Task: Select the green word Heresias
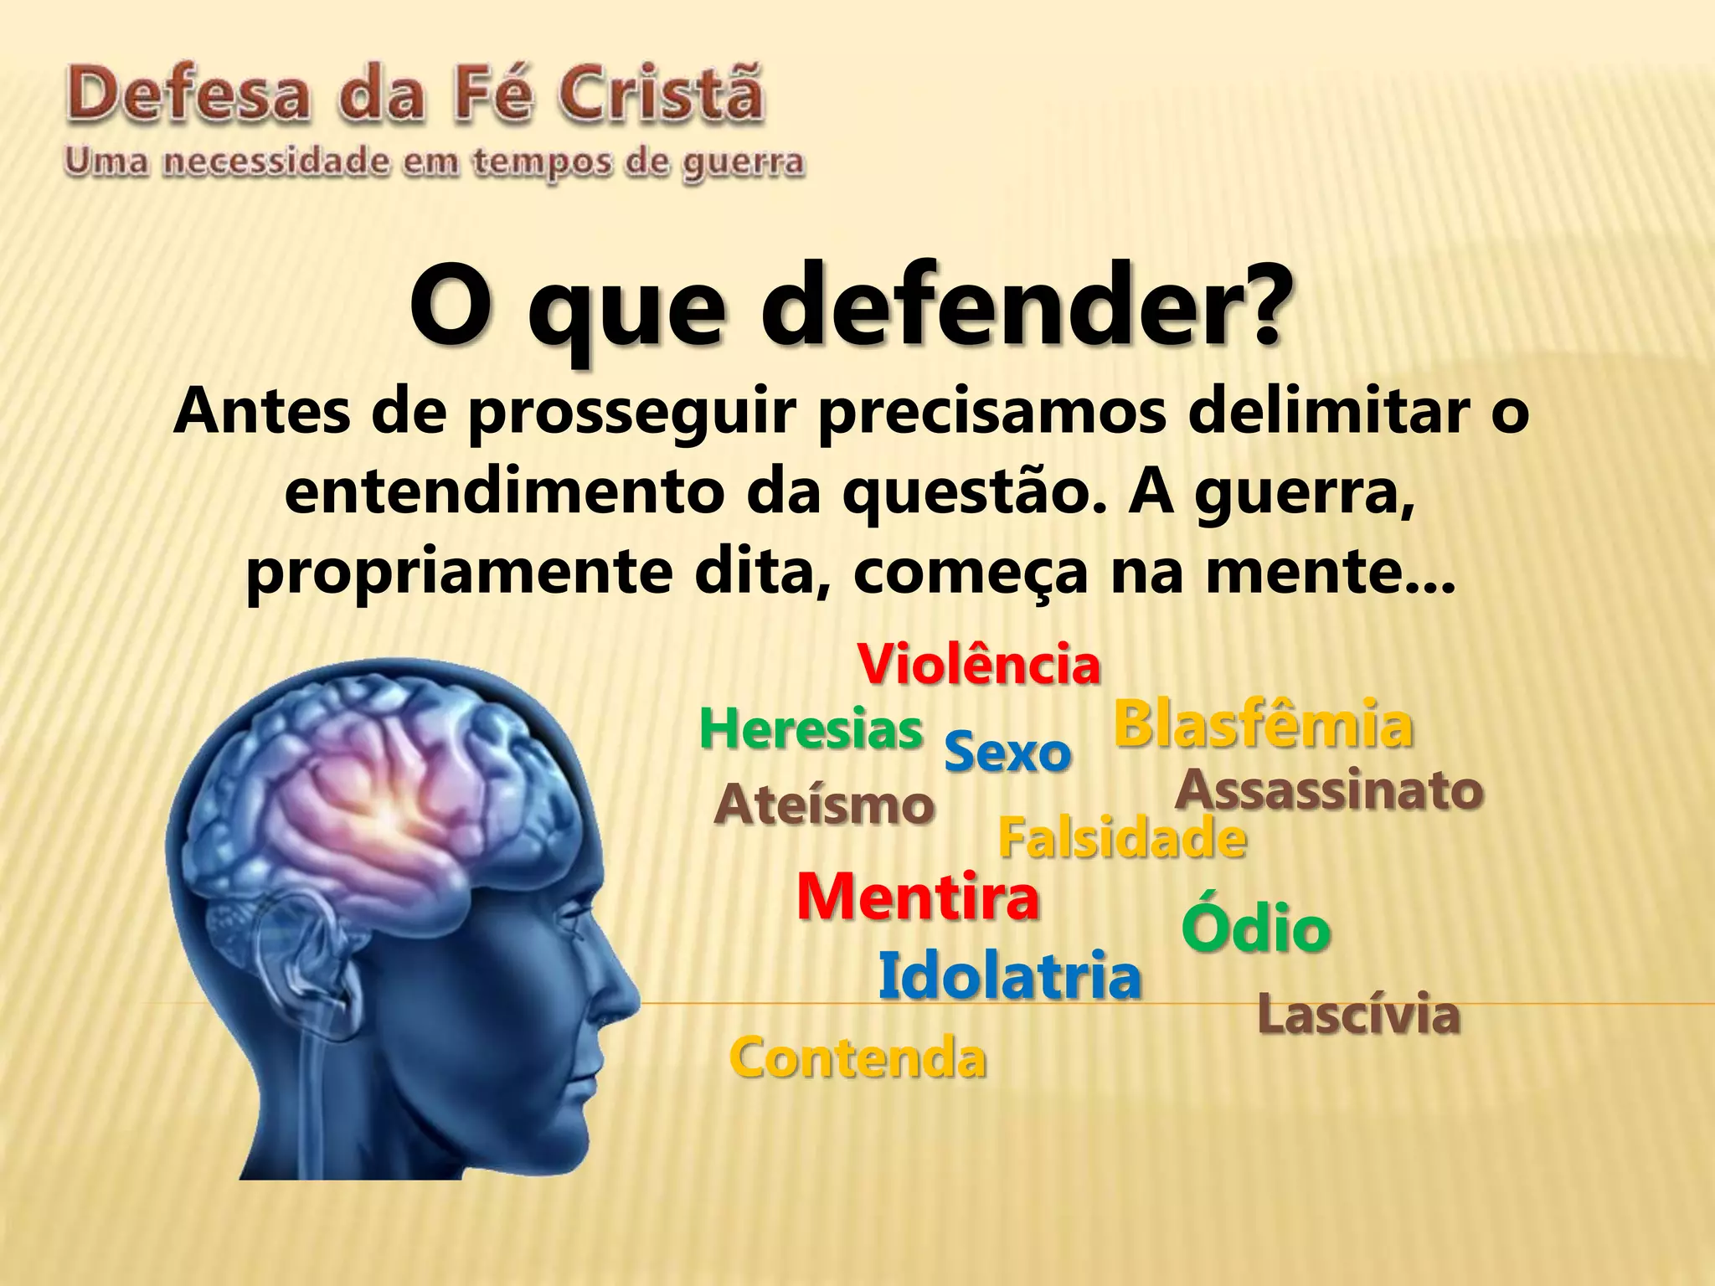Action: point(811,729)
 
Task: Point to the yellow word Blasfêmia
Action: point(1263,725)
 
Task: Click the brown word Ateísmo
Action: point(825,805)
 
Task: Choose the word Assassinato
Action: point(1330,790)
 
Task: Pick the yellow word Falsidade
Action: point(1122,838)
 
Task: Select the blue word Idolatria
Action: point(1010,976)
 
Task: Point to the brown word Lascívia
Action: point(1359,1015)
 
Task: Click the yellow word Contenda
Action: point(858,1057)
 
